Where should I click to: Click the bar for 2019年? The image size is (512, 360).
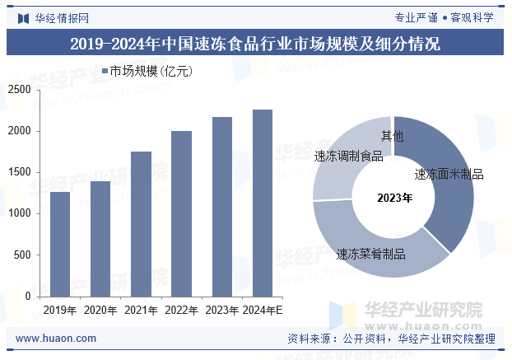coord(60,244)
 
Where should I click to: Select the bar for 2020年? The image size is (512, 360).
coord(100,239)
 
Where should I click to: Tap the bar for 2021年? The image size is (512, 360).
coord(141,224)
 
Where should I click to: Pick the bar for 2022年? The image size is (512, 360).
coord(181,213)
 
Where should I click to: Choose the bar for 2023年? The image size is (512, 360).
coord(221,207)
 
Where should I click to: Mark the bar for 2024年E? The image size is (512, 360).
coord(262,203)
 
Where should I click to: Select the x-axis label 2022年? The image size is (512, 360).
coord(181,311)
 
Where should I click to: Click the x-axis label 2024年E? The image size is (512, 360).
coord(263,311)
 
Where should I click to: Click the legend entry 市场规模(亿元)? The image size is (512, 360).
coord(147,72)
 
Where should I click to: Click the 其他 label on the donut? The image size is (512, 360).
coord(392,135)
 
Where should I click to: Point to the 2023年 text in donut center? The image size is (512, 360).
coord(394,198)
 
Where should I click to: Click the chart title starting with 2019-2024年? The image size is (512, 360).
coord(255,44)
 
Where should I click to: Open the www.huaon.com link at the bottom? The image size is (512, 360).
coord(56,339)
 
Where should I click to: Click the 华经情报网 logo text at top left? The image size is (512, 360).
coord(61,17)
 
